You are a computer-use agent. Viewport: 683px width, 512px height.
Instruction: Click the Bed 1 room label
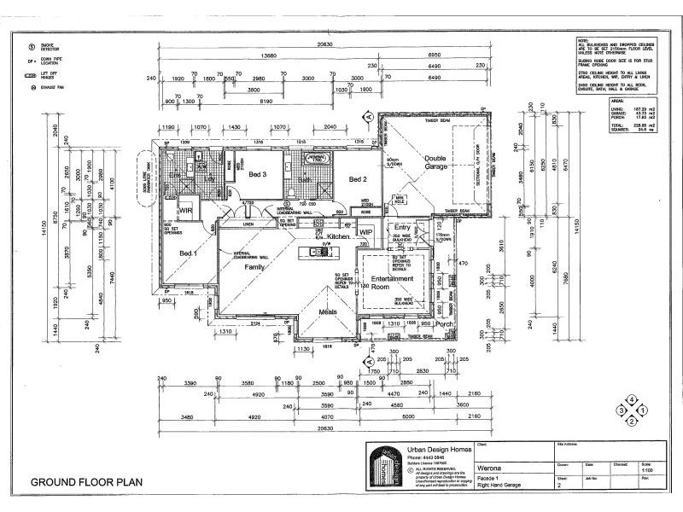click(188, 253)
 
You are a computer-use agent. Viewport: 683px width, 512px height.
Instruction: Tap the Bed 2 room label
click(358, 180)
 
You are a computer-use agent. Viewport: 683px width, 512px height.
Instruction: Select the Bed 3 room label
click(260, 174)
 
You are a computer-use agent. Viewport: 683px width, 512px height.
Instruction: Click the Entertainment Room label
click(392, 283)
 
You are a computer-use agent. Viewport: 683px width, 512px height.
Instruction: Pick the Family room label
click(254, 267)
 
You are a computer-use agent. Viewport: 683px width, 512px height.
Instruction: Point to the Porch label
click(445, 324)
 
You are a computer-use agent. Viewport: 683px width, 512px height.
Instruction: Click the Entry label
click(401, 229)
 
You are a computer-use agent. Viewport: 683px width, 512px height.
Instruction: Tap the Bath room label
click(305, 181)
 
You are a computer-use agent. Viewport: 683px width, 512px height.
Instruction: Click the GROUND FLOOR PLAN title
click(85, 482)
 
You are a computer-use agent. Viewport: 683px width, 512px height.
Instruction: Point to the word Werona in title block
click(490, 468)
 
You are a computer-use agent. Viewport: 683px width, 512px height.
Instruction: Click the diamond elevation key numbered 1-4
click(631, 410)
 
